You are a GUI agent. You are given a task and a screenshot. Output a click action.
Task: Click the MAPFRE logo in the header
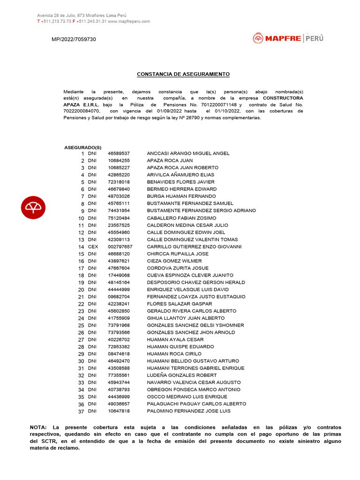288,38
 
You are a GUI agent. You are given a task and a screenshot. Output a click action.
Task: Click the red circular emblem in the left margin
33,207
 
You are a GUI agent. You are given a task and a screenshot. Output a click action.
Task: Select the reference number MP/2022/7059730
74,39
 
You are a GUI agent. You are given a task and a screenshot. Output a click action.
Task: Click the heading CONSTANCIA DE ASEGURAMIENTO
183,74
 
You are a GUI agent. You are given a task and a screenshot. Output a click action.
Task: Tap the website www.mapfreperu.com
129,21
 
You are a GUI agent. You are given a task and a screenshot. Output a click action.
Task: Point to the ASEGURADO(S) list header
82,147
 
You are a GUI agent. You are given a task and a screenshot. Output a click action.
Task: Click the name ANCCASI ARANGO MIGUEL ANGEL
188,153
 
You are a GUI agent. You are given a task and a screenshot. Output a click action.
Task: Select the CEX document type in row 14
93,247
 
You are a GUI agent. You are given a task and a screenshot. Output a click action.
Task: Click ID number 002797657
120,247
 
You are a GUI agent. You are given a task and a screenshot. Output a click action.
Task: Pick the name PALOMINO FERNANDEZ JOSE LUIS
188,411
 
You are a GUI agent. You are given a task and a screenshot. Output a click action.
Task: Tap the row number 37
81,412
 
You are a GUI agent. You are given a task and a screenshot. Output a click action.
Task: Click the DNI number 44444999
119,290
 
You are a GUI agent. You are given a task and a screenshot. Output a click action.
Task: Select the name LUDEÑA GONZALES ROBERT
182,375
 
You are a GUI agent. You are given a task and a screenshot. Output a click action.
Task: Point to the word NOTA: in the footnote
38,427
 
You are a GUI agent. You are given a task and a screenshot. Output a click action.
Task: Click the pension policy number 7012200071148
220,105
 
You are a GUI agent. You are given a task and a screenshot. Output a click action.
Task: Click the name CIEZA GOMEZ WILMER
174,261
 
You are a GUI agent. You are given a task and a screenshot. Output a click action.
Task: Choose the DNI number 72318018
119,182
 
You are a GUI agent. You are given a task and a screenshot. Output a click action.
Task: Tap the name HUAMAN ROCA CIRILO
174,354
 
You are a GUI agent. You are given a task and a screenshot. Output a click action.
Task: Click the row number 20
81,290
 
